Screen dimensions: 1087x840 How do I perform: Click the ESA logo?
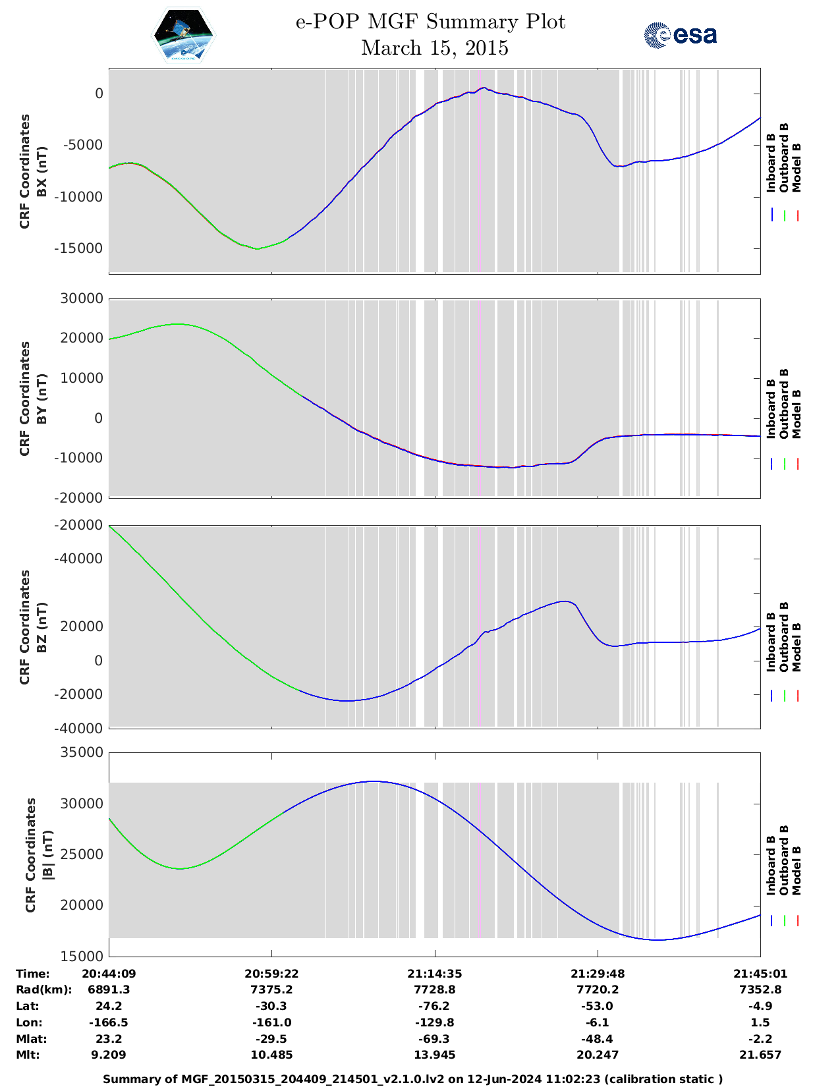click(x=681, y=35)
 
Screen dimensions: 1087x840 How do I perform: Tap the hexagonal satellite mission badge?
click(x=184, y=35)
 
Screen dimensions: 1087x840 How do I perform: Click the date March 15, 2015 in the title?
click(x=434, y=48)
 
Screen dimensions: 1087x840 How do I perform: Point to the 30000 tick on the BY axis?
click(x=82, y=298)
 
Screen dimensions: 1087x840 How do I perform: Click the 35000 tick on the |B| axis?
click(x=82, y=752)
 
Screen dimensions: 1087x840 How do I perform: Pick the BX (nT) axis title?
click(x=42, y=172)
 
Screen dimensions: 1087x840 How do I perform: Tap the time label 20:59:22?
click(x=272, y=974)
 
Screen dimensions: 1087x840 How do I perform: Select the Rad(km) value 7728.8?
click(x=434, y=989)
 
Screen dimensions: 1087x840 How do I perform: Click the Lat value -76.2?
click(x=434, y=1006)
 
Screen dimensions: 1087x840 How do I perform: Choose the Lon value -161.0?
click(x=272, y=1022)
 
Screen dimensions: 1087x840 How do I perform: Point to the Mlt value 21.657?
click(x=760, y=1055)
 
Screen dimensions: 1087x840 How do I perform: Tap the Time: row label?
click(x=33, y=974)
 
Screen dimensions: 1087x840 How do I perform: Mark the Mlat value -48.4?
click(x=598, y=1039)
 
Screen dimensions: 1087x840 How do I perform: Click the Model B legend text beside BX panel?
click(x=797, y=167)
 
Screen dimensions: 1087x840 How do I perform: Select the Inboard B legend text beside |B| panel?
click(x=771, y=865)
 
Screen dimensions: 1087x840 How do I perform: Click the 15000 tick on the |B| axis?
click(x=82, y=956)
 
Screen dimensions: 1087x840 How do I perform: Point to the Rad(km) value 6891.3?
click(x=109, y=989)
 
